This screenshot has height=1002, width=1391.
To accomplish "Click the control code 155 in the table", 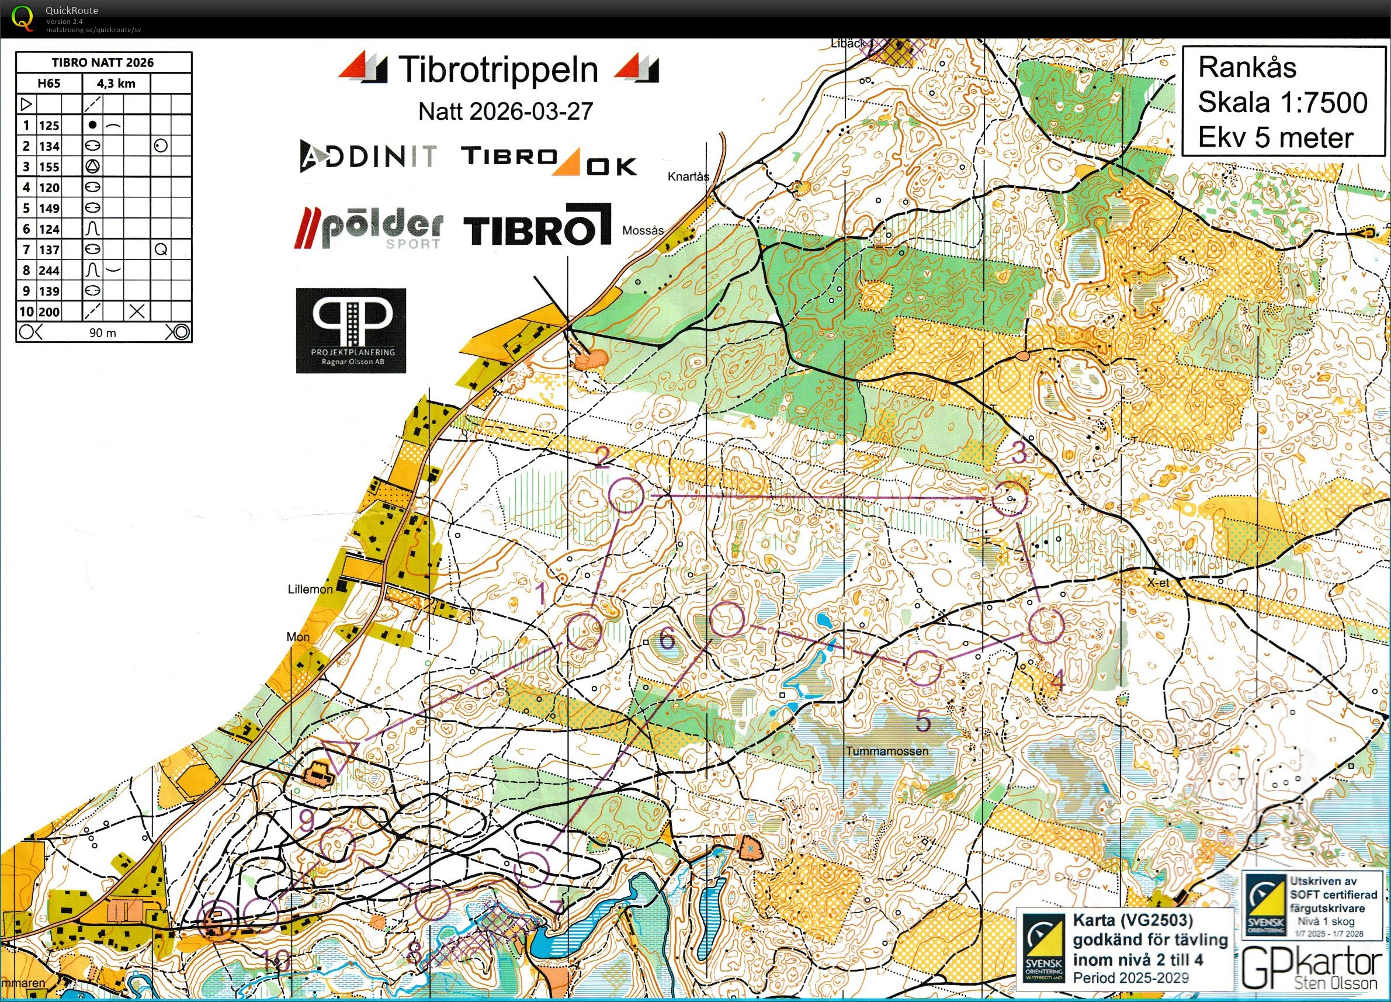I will coord(49,167).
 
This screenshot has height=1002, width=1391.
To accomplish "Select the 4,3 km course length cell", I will coord(116,84).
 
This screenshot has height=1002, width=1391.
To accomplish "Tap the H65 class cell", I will coord(49,84).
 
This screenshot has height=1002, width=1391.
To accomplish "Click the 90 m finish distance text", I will coord(102,333).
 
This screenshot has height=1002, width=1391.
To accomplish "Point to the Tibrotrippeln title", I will coord(498,70).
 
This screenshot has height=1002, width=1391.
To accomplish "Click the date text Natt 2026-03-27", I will coord(505,112).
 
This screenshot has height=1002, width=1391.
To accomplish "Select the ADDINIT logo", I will coord(368,156).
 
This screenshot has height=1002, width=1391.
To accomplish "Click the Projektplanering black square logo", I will coord(351,331).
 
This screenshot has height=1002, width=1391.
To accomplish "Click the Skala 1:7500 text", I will coord(1282,102).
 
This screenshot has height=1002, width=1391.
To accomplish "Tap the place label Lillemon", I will coord(310,590).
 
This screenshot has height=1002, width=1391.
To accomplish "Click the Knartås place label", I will coord(688,176).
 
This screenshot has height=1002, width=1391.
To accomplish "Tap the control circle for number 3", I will coord(1009,498).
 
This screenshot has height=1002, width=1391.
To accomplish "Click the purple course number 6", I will coord(666,640).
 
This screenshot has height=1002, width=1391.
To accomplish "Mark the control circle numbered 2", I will coord(627,495).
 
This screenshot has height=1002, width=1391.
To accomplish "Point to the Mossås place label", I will coord(643,231).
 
